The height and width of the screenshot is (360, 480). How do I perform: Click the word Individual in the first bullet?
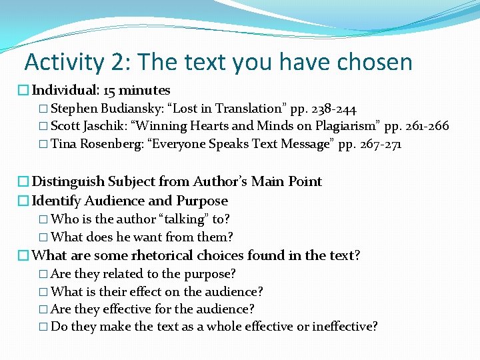(x=65, y=90)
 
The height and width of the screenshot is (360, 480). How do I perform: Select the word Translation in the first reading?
(x=249, y=109)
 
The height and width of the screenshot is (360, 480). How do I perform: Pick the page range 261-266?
(x=423, y=127)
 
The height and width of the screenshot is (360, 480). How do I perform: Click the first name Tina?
(x=64, y=145)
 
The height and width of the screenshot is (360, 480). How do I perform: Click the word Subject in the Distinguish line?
(x=141, y=181)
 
